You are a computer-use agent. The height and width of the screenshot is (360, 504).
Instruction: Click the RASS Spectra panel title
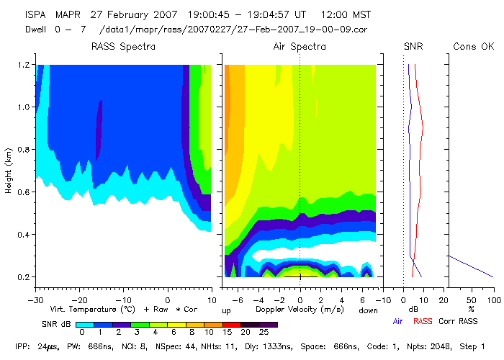tap(123, 47)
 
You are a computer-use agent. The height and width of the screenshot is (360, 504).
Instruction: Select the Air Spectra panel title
tap(300, 47)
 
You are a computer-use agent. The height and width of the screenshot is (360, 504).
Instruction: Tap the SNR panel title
tap(413, 47)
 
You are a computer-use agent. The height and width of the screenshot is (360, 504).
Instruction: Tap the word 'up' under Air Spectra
tap(226, 310)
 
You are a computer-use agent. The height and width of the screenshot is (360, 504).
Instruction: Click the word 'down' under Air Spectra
tap(368, 310)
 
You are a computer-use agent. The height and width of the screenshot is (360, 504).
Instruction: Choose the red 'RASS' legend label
tap(423, 322)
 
